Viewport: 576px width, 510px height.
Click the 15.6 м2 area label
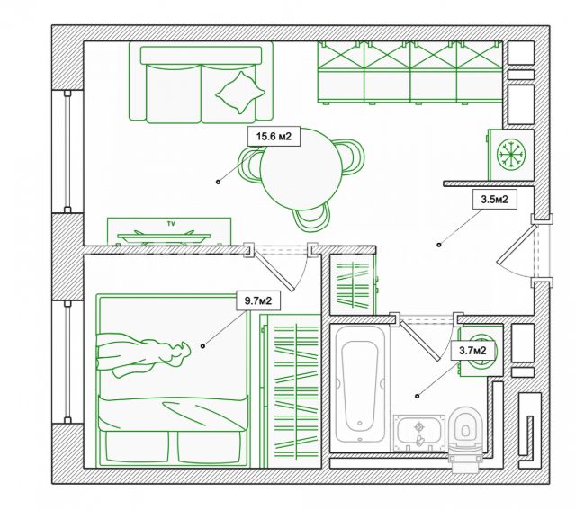click(274, 137)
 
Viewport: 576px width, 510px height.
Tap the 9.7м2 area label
click(258, 300)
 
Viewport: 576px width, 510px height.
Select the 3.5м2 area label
click(494, 200)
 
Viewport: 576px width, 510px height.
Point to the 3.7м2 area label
click(472, 351)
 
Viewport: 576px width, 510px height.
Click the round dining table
click(301, 169)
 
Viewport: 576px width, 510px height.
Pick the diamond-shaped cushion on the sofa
click(240, 93)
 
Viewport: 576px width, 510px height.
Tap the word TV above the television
click(171, 223)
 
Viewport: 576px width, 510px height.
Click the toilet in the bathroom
click(465, 437)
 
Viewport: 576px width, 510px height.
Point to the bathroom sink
click(418, 432)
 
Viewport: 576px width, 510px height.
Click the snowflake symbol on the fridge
click(511, 154)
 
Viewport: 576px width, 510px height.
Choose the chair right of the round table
click(352, 157)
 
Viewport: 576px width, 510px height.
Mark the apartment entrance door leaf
click(516, 244)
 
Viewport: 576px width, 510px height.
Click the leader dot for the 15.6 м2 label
click(218, 182)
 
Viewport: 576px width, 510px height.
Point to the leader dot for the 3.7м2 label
click(417, 396)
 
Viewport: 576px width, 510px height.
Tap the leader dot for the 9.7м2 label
click(202, 346)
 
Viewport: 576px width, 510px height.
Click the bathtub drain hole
click(360, 424)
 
